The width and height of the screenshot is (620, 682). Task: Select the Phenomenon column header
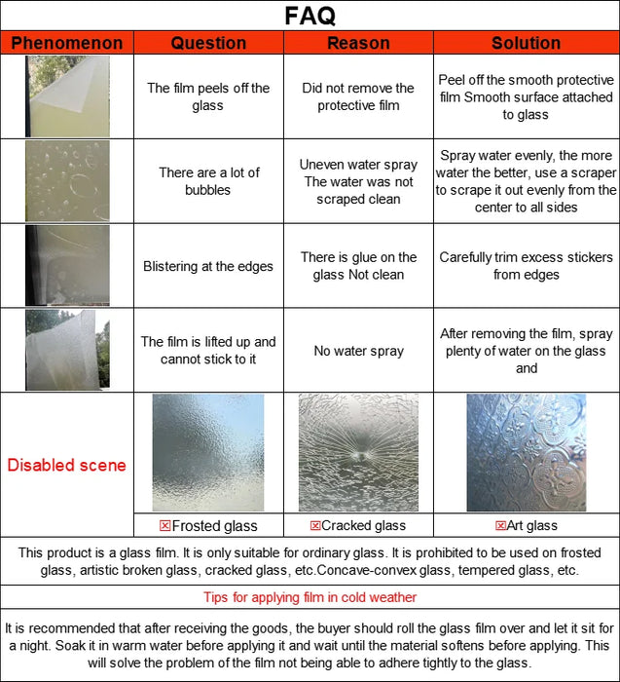(67, 43)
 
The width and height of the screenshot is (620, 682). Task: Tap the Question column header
(208, 43)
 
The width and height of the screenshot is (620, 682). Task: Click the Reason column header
(358, 43)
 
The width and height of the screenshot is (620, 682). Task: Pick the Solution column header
(526, 43)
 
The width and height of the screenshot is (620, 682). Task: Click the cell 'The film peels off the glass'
(208, 96)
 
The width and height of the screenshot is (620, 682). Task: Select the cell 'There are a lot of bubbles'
(208, 181)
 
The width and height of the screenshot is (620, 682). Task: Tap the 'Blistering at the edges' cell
(208, 266)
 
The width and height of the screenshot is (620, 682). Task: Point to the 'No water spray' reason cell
(358, 351)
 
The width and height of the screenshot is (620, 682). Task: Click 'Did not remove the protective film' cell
(358, 96)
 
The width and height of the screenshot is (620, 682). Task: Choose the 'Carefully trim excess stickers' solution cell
(526, 266)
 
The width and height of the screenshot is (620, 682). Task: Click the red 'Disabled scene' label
(67, 465)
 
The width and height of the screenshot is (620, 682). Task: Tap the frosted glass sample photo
(208, 452)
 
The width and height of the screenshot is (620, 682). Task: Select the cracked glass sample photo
(358, 452)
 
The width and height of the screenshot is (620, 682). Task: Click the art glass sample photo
(526, 452)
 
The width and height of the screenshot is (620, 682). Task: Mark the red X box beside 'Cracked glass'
(315, 526)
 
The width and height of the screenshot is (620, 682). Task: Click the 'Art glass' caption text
(532, 526)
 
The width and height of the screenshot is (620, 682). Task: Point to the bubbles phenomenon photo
(67, 181)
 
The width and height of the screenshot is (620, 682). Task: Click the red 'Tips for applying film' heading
(310, 597)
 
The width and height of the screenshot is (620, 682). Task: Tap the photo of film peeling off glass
(67, 96)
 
